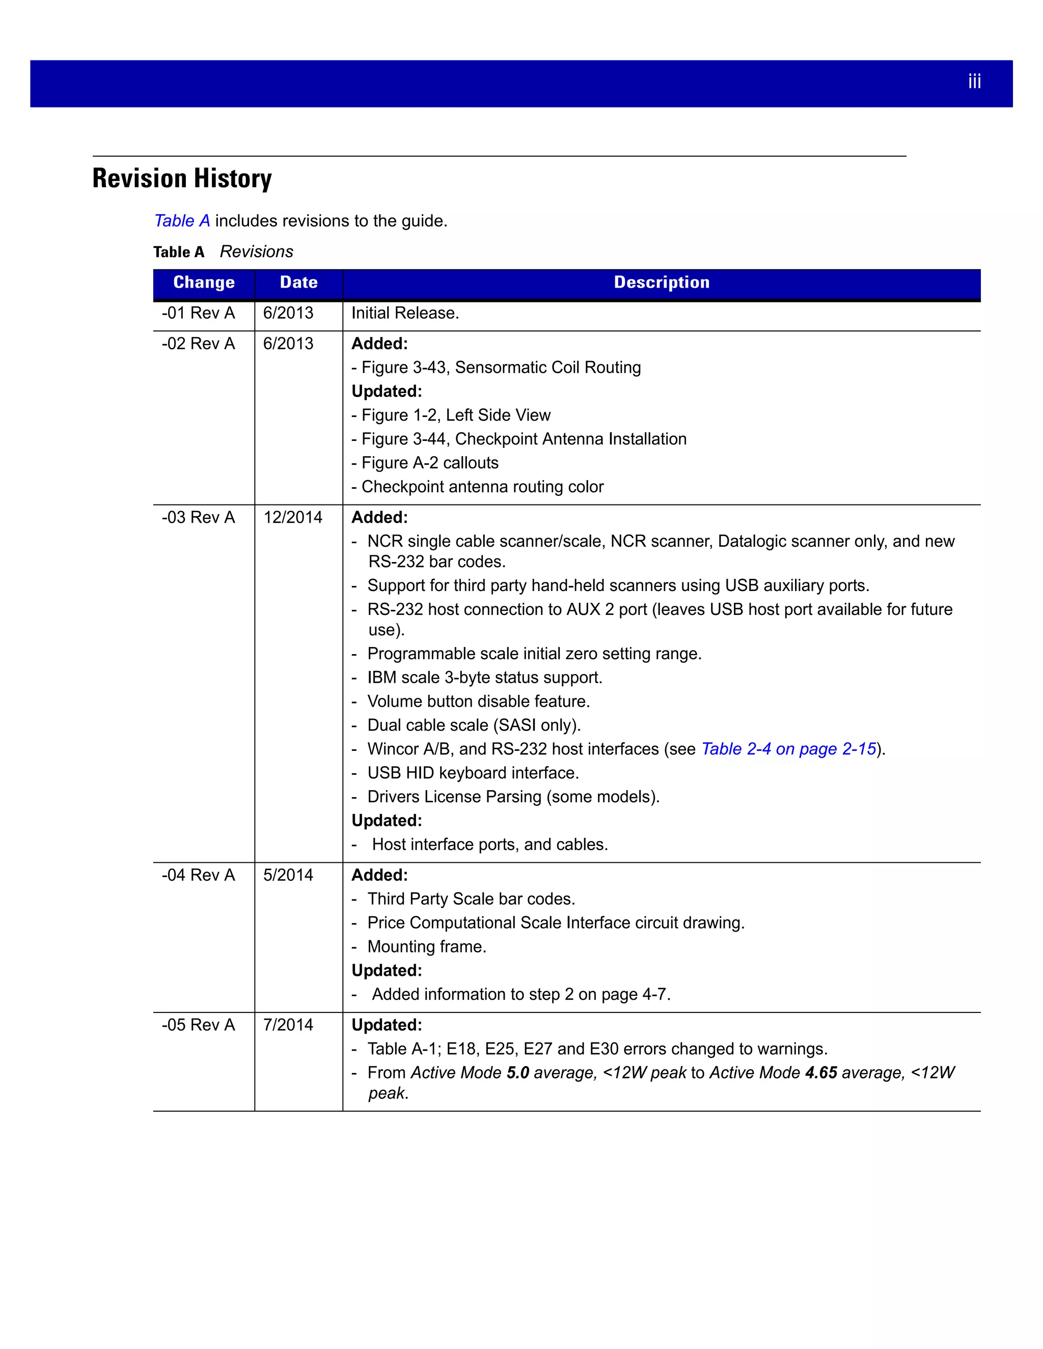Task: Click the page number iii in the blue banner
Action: [x=974, y=81]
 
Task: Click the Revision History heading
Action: [x=182, y=179]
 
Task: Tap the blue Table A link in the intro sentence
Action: [x=182, y=220]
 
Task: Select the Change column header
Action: [x=204, y=283]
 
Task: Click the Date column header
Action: [x=298, y=283]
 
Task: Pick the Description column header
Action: [x=661, y=283]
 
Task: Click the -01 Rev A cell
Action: [x=198, y=313]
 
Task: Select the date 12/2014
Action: [x=293, y=518]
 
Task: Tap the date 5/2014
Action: [x=288, y=875]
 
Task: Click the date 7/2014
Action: [x=288, y=1025]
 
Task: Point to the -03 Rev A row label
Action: [x=198, y=518]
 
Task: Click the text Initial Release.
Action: [x=405, y=313]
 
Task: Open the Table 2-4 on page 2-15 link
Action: [x=788, y=749]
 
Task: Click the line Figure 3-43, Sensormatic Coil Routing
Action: [x=501, y=368]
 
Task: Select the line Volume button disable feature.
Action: [x=478, y=701]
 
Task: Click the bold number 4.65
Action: [x=820, y=1073]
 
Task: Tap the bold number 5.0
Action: [x=518, y=1073]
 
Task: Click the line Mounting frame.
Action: [x=426, y=947]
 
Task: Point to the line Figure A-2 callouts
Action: [x=429, y=463]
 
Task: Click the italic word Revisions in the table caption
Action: [x=257, y=252]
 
